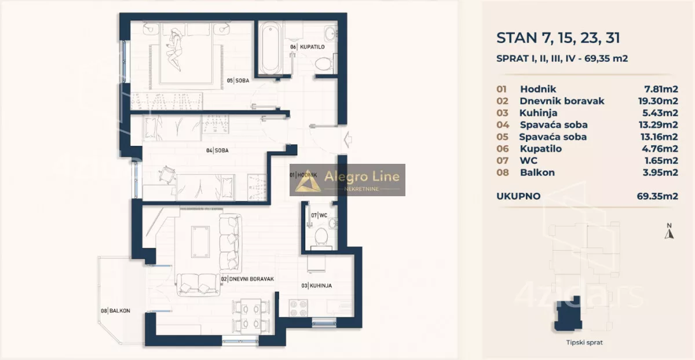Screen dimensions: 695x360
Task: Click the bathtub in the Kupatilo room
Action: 270,48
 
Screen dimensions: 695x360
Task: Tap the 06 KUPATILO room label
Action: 308,47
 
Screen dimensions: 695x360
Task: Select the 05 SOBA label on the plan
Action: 238,80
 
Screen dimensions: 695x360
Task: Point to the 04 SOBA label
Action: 218,150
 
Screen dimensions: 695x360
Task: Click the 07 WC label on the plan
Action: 319,215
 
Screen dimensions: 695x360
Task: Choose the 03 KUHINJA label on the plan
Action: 317,285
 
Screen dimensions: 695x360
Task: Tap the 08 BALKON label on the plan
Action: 115,311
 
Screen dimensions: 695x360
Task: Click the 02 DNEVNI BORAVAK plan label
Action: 248,279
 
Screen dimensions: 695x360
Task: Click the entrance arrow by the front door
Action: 348,139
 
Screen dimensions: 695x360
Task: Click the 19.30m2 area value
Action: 658,101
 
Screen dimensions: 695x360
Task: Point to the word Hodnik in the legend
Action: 538,89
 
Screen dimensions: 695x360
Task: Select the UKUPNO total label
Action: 518,196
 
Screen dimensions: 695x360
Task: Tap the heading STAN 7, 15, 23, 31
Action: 558,38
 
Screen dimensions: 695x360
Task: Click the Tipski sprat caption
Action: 584,343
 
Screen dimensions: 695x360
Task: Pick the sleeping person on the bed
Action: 174,49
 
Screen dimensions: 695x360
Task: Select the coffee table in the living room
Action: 200,242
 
